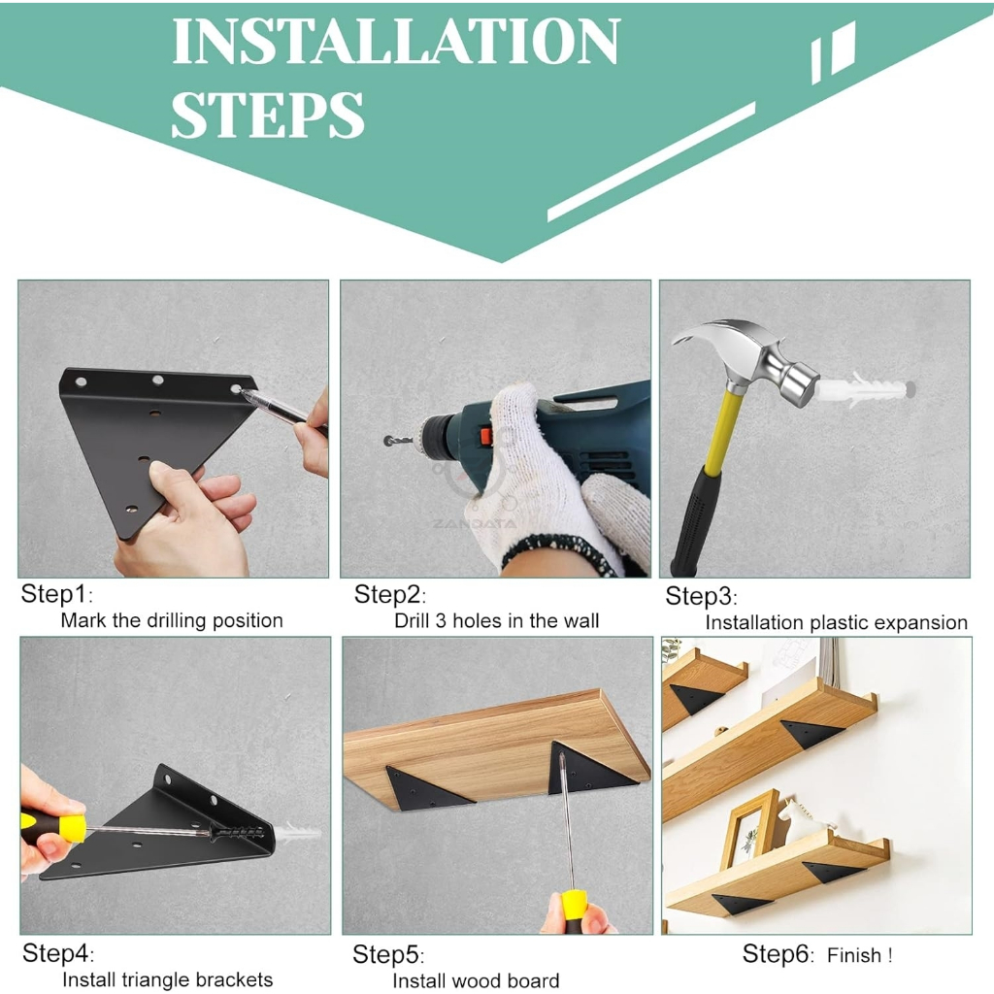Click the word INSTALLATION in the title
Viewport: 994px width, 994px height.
tap(396, 41)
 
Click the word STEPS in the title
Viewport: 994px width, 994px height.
tap(268, 115)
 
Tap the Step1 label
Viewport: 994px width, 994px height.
tap(55, 595)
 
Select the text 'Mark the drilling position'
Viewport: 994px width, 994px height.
tap(172, 620)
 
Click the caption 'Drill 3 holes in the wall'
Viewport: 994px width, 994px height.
tap(496, 620)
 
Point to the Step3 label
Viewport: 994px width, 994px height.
tap(701, 597)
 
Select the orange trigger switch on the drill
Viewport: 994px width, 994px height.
tap(485, 436)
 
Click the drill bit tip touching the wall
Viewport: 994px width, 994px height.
tap(387, 441)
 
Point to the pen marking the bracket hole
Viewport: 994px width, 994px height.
tap(282, 409)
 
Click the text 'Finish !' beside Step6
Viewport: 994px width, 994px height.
tap(860, 955)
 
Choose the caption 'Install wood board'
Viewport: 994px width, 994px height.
tap(476, 980)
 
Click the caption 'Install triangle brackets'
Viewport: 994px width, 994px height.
tap(167, 979)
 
